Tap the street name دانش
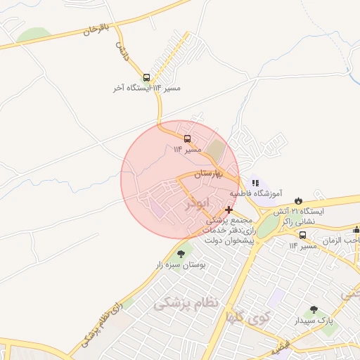(x=122, y=49)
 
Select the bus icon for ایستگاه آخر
(x=146, y=78)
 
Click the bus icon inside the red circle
(x=187, y=139)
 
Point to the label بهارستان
(x=217, y=173)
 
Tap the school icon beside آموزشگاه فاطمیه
(x=256, y=183)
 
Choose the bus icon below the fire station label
(x=302, y=236)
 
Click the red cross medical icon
(x=229, y=210)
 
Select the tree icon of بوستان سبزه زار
(x=181, y=254)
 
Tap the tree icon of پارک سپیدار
(x=314, y=309)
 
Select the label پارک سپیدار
(x=315, y=321)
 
